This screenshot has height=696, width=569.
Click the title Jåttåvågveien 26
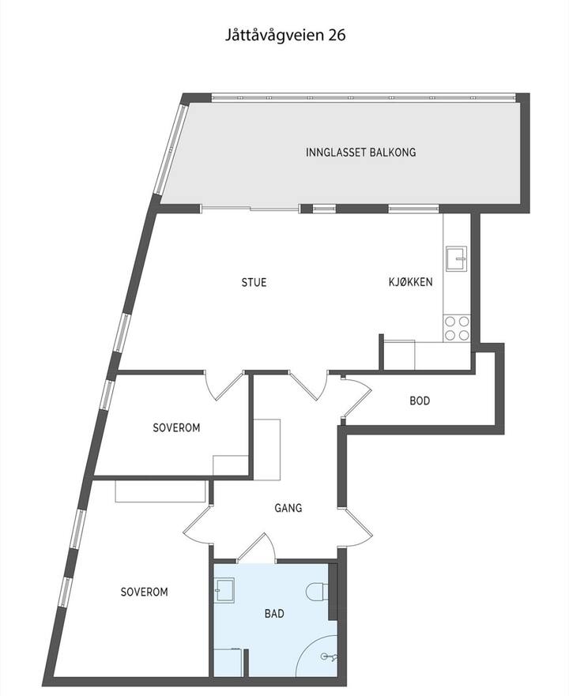click(284, 36)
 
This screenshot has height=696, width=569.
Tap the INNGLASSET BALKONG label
click(360, 152)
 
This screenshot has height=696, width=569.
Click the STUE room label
click(254, 282)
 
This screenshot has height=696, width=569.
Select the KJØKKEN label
click(410, 281)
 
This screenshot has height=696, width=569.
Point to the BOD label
click(420, 401)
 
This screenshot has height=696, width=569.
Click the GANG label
click(288, 508)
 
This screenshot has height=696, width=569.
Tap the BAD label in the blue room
click(274, 613)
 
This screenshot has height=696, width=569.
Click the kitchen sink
click(457, 258)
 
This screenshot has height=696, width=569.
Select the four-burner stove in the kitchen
click(457, 328)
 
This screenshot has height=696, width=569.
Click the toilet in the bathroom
click(317, 592)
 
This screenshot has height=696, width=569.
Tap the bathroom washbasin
click(224, 590)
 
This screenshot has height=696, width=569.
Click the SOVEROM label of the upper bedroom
click(176, 427)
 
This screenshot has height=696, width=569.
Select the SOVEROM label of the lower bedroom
click(145, 592)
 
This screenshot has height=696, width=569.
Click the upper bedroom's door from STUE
click(224, 386)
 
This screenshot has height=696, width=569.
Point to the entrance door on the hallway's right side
click(358, 529)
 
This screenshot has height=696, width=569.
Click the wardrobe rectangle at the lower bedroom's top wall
click(160, 491)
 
